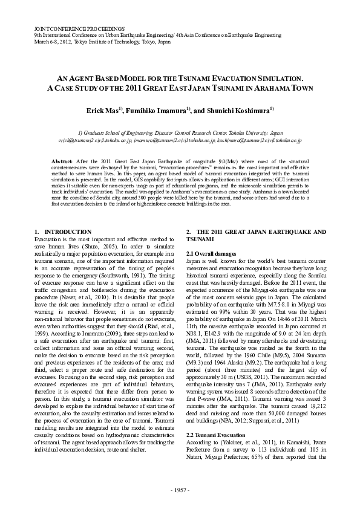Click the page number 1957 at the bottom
point(180,489)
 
